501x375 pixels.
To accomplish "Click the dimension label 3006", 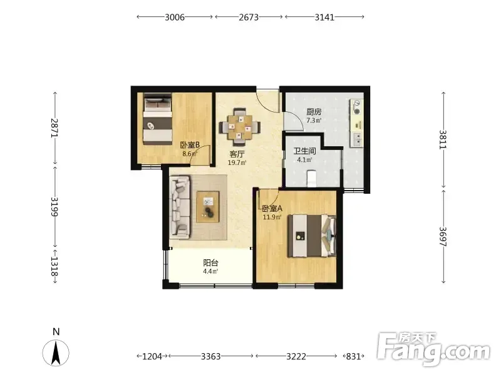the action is (175, 17).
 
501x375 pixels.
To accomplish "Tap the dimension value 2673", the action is (249, 17).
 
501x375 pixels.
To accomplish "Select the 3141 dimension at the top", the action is (324, 17).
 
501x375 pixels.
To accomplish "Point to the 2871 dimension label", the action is (54, 128).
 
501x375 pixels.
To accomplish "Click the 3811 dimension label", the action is (443, 139).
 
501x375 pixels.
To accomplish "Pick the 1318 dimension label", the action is (54, 267).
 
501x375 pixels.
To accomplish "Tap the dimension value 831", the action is (353, 356).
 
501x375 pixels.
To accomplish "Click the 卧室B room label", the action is (190, 145).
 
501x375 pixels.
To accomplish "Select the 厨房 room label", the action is (314, 112).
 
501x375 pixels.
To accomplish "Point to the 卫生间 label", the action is (304, 151).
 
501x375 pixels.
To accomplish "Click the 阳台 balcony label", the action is (210, 262).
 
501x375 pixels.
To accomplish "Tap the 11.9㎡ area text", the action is (272, 217).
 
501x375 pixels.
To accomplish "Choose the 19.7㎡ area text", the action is (237, 163).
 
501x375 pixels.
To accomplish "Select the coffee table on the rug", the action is (208, 207).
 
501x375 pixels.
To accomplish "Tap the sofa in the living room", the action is (180, 208).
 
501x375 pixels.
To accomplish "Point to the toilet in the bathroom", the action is (311, 179).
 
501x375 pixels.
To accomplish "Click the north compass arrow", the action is (56, 352).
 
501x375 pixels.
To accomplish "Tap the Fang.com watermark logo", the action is (433, 350).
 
